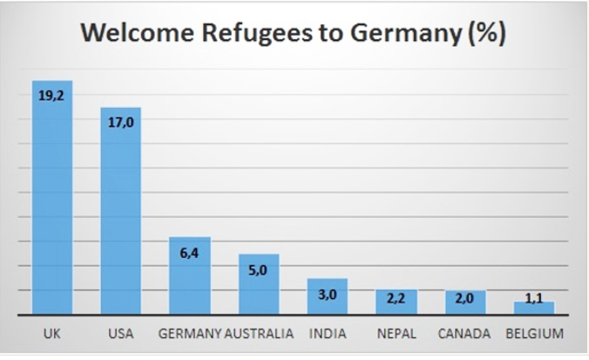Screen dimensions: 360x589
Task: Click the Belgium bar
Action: point(534,308)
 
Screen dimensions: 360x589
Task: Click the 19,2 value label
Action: point(51,96)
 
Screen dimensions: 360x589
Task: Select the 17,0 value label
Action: point(121,122)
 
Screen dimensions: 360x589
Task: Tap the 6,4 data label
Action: point(190,252)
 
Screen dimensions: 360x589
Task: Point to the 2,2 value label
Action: point(396,298)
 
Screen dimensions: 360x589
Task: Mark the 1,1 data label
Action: point(534,298)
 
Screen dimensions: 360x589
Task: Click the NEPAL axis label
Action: point(396,334)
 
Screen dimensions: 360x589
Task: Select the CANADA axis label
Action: point(464,334)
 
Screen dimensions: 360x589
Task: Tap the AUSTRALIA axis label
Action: point(259,334)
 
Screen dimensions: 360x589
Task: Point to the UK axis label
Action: point(51,334)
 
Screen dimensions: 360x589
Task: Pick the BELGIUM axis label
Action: point(534,334)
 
